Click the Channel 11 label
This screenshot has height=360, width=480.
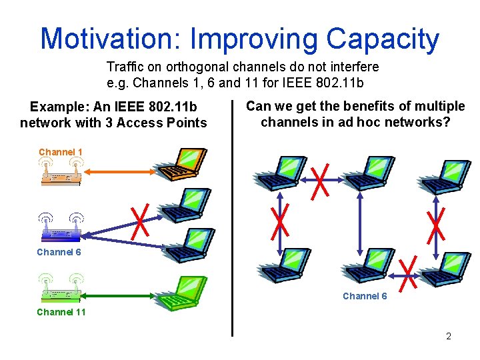[61, 312]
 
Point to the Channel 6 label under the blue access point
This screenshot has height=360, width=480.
[59, 252]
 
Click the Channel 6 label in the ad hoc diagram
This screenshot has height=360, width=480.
[365, 296]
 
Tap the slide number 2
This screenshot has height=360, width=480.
[449, 336]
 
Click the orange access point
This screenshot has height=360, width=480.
[60, 172]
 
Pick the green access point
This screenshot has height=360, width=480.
[60, 288]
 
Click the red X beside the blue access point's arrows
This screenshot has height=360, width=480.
[141, 220]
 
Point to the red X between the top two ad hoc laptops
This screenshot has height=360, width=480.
[321, 180]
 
